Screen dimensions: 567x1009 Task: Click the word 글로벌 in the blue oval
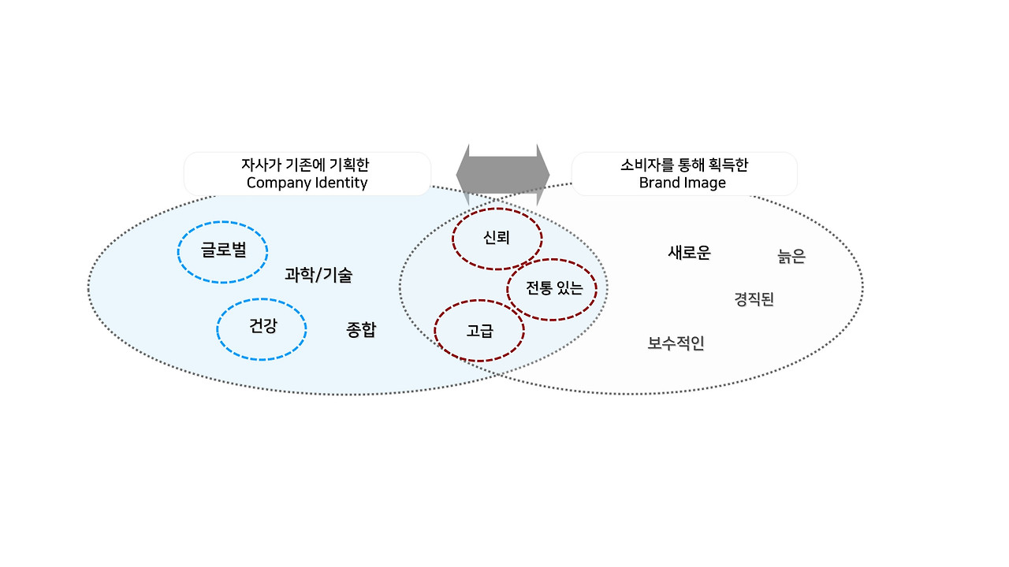(x=223, y=250)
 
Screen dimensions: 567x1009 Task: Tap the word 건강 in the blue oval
(x=262, y=326)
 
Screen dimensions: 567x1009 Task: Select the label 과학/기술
(x=318, y=276)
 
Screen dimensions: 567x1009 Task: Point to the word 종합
(x=361, y=330)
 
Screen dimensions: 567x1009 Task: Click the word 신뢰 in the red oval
(x=497, y=238)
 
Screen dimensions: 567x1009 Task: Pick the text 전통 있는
(x=554, y=288)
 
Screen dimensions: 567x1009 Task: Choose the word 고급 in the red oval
(x=479, y=332)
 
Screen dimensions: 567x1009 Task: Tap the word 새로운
(x=689, y=253)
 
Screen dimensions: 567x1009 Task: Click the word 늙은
(x=791, y=257)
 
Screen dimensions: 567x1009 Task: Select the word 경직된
(x=754, y=299)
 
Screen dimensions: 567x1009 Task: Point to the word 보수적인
(x=676, y=343)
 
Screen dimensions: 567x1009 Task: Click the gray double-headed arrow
(x=503, y=174)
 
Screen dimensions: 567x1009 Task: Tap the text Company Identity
(x=307, y=183)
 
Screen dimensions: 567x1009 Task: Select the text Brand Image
(x=682, y=183)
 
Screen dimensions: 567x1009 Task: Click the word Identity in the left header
(x=340, y=183)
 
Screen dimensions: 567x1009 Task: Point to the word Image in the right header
(x=706, y=183)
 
